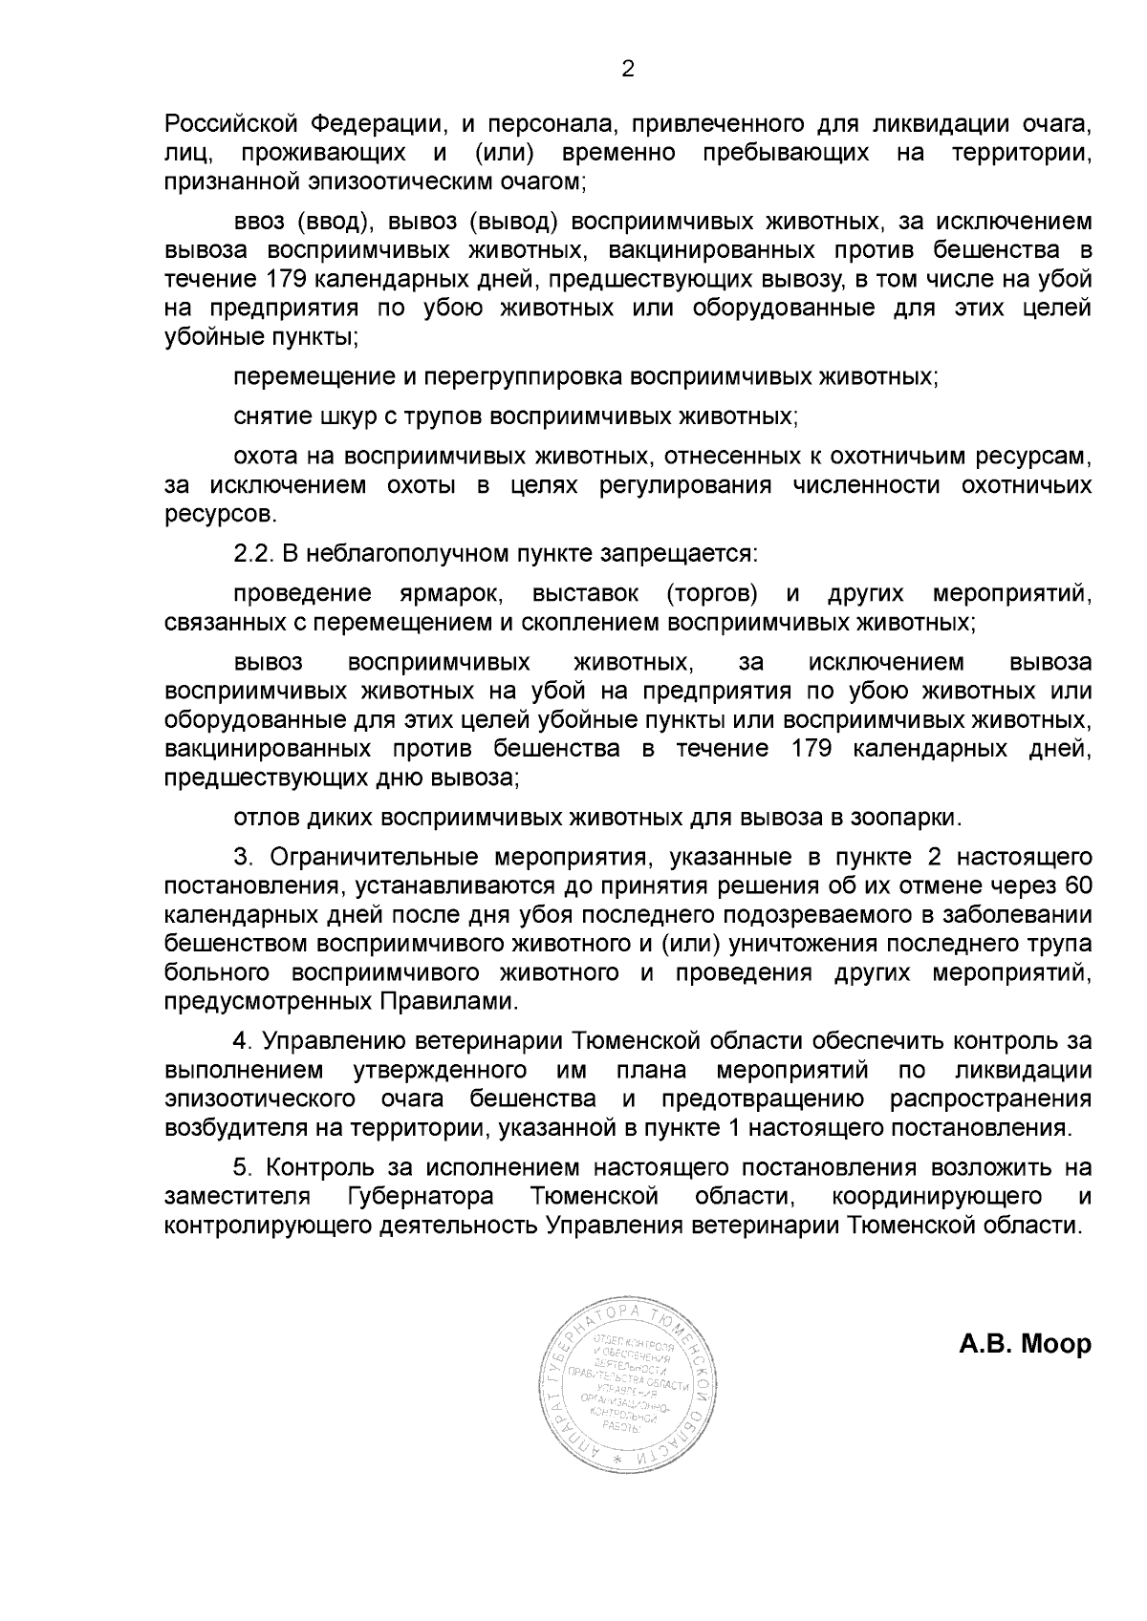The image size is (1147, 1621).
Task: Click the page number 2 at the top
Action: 628,69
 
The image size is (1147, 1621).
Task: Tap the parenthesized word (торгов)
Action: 711,593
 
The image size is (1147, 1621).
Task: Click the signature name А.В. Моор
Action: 1025,1344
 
